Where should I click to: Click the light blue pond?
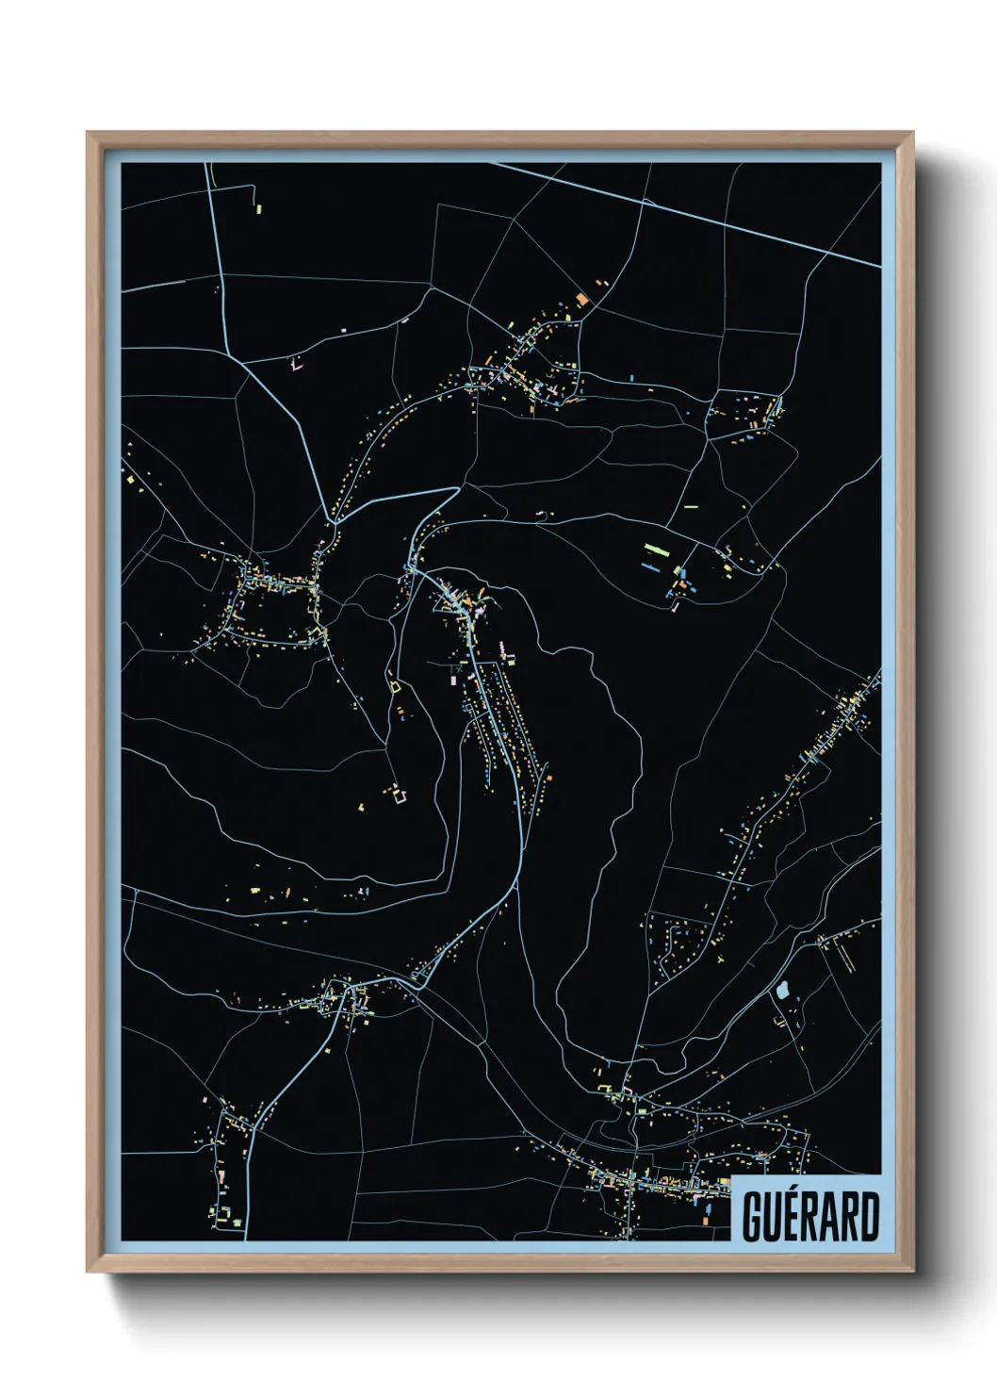[781, 990]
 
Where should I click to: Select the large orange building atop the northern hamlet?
[582, 299]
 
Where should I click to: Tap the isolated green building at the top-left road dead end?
[258, 208]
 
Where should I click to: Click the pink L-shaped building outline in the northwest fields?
[299, 364]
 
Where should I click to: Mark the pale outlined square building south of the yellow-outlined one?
[400, 796]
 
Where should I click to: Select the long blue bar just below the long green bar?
[650, 566]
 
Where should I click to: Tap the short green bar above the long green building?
[691, 507]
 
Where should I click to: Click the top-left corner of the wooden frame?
[88, 132]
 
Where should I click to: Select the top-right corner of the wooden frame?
[913, 132]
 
